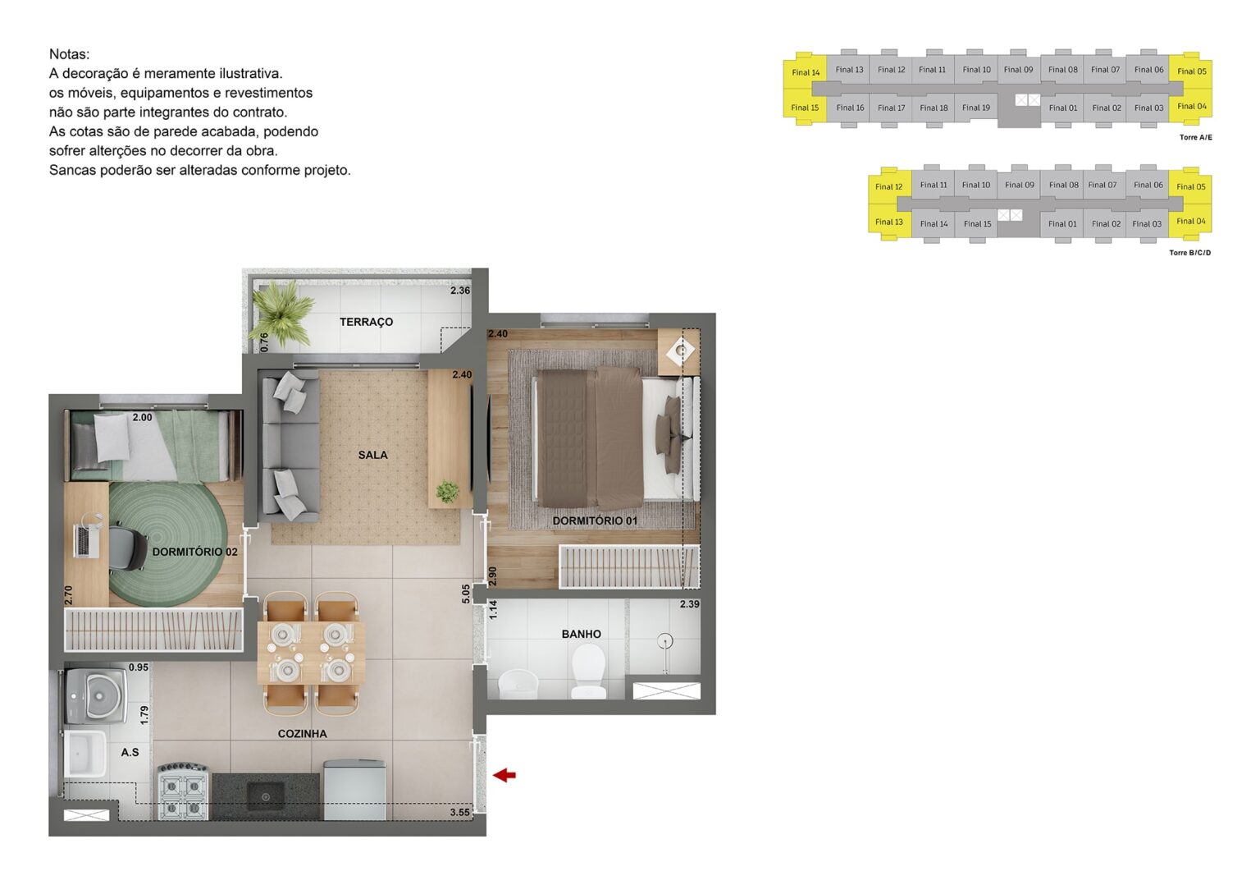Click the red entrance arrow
[x=504, y=774]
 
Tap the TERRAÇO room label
[x=366, y=322]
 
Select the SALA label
[x=372, y=455]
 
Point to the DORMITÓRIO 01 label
[x=594, y=520]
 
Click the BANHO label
[x=581, y=634]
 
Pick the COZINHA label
[x=302, y=733]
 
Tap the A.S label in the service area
[x=130, y=752]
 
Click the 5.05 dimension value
[x=466, y=594]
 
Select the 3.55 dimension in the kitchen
[x=459, y=813]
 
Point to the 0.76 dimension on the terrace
[x=264, y=342]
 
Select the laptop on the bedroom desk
[x=84, y=539]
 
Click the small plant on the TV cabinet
[x=447, y=492]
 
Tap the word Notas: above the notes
[x=69, y=54]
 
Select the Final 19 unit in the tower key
[x=975, y=108]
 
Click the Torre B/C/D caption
[x=1189, y=253]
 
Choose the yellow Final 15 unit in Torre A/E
[x=804, y=108]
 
